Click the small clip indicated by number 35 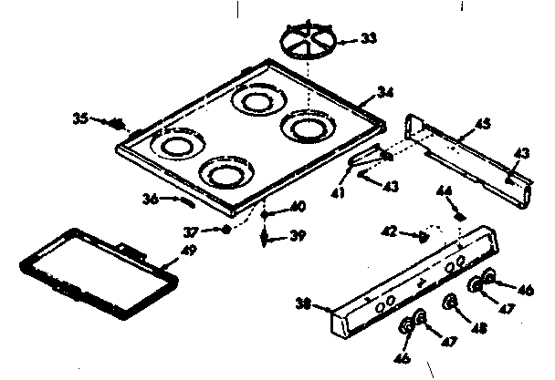[x=117, y=123]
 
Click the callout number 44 [x=445, y=192]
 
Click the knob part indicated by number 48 [x=450, y=303]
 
